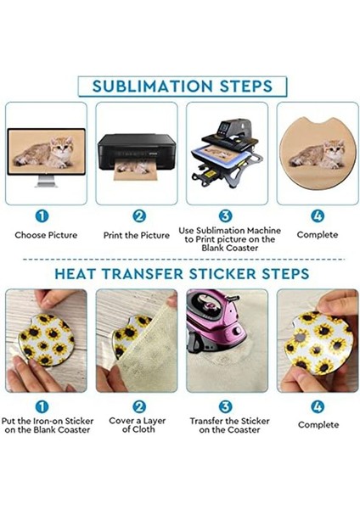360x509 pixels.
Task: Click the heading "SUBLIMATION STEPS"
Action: pos(183,86)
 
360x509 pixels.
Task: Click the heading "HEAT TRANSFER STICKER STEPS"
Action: pos(183,274)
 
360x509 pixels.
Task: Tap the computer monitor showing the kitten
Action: pos(46,154)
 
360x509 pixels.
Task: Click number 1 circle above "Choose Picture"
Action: pos(42,216)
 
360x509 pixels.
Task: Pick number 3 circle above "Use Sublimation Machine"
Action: pos(226,216)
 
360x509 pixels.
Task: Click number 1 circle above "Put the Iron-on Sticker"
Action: pos(42,406)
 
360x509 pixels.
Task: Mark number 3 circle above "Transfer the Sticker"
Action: pos(226,406)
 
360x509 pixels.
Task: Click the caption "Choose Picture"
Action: pos(46,235)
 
